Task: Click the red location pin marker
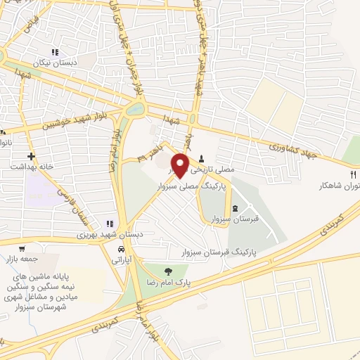pos(182,165)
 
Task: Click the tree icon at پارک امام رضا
pos(167,270)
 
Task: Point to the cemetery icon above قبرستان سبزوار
pos(235,207)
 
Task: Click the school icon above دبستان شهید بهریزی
pos(108,223)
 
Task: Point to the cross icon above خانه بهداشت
pos(31,156)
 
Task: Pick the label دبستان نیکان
pos(60,62)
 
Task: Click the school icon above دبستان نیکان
pos(54,51)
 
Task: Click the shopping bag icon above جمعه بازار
pos(22,248)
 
